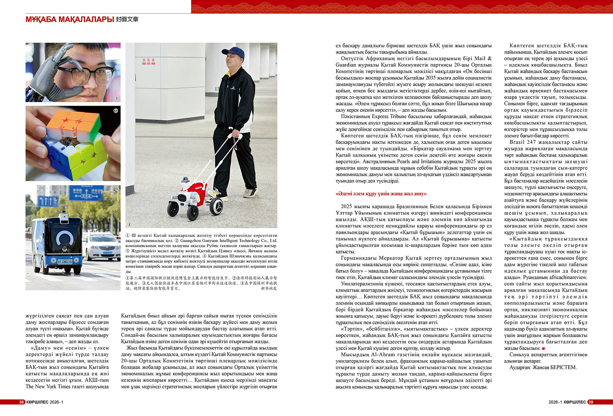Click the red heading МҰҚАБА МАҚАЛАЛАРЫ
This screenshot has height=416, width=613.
(70, 19)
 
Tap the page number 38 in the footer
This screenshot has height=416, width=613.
(21, 402)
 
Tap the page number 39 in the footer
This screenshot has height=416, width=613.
(590, 402)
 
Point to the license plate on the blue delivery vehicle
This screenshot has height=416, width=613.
(65, 261)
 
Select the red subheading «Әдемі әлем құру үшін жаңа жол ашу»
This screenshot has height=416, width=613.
(381, 194)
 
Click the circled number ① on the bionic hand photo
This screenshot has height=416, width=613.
(117, 98)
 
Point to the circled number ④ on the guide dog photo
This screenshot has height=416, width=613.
(129, 224)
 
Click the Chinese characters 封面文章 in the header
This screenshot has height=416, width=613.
(127, 19)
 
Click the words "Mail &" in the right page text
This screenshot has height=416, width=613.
(483, 58)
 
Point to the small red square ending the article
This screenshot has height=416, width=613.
(543, 348)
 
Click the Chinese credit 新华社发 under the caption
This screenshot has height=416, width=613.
(269, 288)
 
